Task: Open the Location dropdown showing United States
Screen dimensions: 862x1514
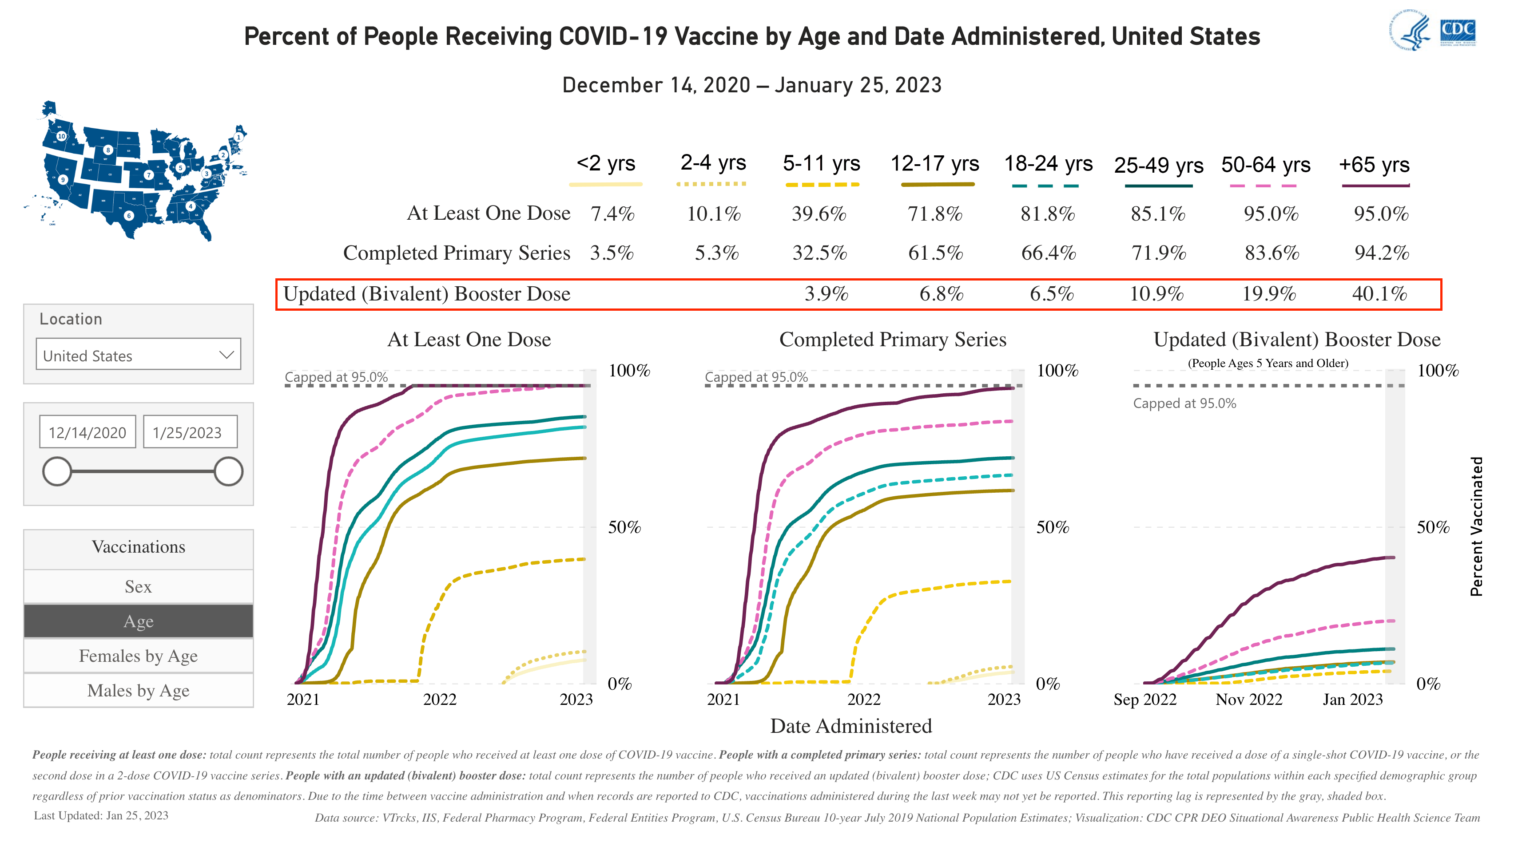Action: point(138,355)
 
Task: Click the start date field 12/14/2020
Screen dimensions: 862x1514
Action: point(87,432)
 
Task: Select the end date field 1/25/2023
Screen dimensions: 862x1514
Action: point(190,432)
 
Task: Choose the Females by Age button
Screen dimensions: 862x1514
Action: point(138,656)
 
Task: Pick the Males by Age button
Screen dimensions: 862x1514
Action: point(138,690)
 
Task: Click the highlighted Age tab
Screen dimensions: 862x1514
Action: point(138,621)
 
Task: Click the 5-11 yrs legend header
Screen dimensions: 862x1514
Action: point(821,163)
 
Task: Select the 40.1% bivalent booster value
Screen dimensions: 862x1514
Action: point(1379,294)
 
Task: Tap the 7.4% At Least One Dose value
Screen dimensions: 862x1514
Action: point(612,214)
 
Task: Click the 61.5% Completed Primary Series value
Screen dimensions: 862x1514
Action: point(935,253)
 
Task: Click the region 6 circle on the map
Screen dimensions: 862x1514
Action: point(128,216)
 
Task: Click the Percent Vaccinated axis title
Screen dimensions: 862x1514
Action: point(1476,526)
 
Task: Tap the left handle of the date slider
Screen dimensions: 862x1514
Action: point(57,471)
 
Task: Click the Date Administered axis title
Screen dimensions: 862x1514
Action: point(850,726)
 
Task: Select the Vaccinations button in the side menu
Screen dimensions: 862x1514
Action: point(138,547)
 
